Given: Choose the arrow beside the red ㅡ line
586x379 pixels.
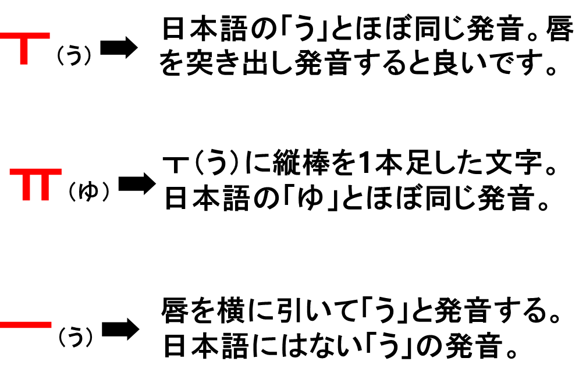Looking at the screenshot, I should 120,330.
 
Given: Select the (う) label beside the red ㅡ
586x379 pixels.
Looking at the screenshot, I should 76,337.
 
